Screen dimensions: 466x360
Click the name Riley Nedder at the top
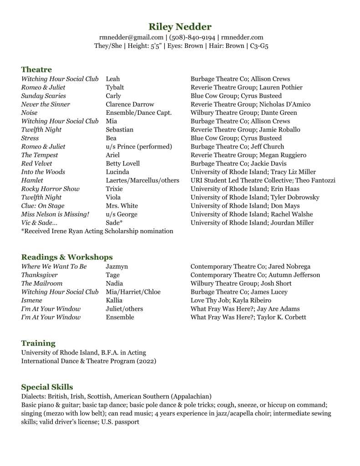coord(180,26)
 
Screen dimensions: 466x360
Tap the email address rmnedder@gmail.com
coord(131,37)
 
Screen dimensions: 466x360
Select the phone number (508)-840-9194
coord(192,37)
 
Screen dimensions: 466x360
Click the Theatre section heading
coord(36,70)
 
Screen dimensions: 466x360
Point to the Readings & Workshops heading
coord(67,257)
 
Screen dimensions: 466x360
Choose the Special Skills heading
coord(47,387)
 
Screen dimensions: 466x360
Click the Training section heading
coord(38,343)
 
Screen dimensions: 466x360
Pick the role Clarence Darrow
coord(130,104)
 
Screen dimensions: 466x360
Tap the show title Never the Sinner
coord(46,104)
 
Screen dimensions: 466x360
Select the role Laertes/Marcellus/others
coord(142,180)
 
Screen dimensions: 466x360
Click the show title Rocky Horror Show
coord(50,189)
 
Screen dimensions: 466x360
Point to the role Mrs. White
coord(122,206)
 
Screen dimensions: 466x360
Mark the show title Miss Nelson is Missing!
coord(55,215)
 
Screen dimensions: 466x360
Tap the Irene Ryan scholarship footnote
coord(97,231)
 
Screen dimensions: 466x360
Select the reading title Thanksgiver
coord(40,275)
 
